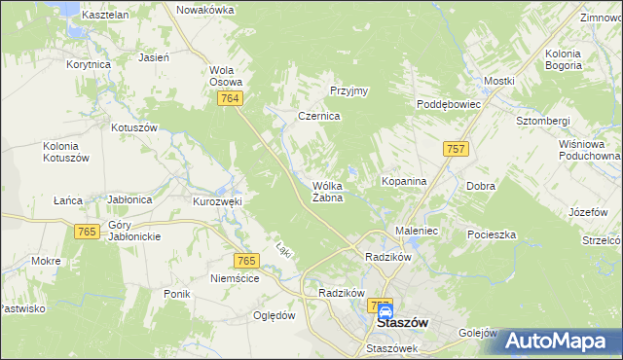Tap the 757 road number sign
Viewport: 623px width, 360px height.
455,148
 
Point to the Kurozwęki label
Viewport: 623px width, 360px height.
216,201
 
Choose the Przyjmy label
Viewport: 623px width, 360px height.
348,90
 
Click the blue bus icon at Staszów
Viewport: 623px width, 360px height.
385,311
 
